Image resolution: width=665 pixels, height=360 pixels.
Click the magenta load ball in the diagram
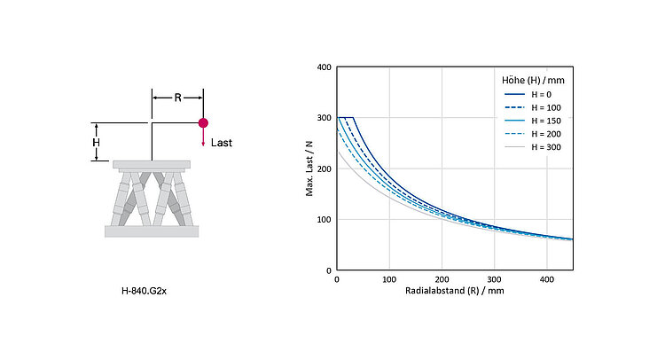tap(203, 123)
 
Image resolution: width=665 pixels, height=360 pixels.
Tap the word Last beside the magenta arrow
tap(222, 143)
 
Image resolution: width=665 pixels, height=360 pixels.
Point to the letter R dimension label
tap(177, 98)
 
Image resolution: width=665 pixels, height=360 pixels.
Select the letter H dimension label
tap(97, 143)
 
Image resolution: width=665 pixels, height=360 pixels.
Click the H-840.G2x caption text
tap(144, 292)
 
